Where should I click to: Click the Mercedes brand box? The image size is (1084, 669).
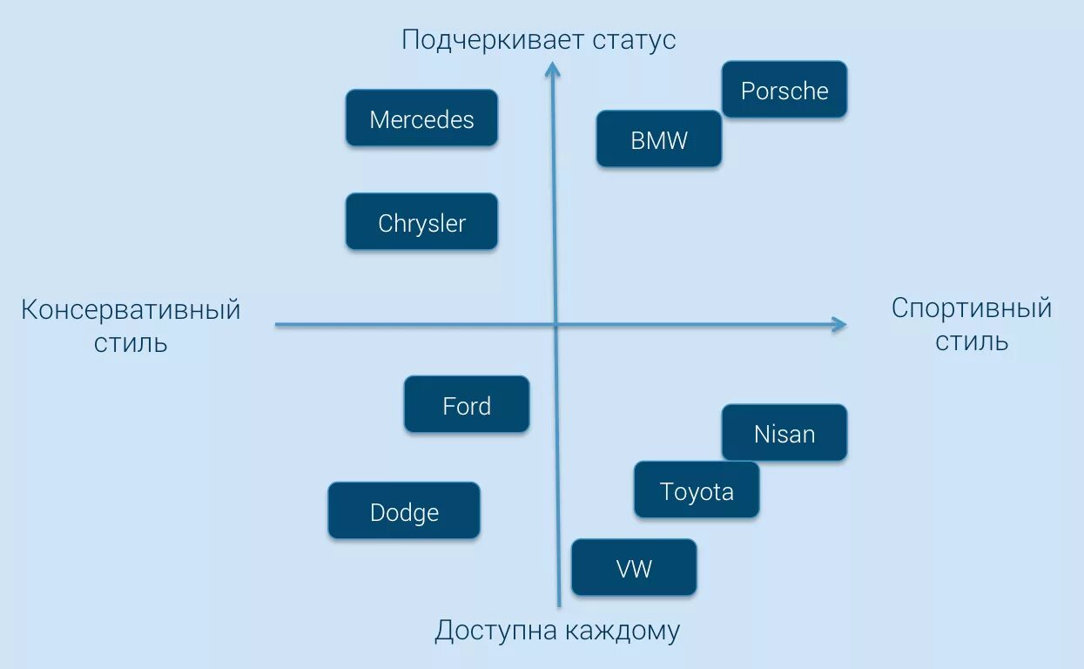click(x=421, y=118)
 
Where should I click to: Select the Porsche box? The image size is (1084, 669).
click(x=784, y=90)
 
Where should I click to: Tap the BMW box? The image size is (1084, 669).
click(x=659, y=139)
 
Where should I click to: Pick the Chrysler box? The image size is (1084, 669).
click(x=421, y=222)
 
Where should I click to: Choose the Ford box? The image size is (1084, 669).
click(x=467, y=405)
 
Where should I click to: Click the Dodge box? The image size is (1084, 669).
click(x=404, y=511)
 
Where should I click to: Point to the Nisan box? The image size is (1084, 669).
click(x=784, y=433)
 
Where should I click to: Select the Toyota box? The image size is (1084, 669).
click(x=697, y=490)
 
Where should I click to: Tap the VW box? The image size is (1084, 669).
click(x=634, y=568)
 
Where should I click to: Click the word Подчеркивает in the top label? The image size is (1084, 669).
click(x=493, y=40)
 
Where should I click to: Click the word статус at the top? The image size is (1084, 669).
click(x=634, y=40)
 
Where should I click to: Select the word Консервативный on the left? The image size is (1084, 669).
click(x=131, y=310)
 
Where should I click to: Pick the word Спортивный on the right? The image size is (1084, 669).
click(x=972, y=307)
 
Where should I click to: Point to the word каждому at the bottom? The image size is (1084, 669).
click(x=622, y=630)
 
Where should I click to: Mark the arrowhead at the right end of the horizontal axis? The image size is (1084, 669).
click(x=839, y=325)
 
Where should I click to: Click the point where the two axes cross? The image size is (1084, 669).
click(x=555, y=325)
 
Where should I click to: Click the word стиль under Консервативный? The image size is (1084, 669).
click(x=131, y=343)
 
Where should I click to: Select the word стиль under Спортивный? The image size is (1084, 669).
click(x=972, y=341)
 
